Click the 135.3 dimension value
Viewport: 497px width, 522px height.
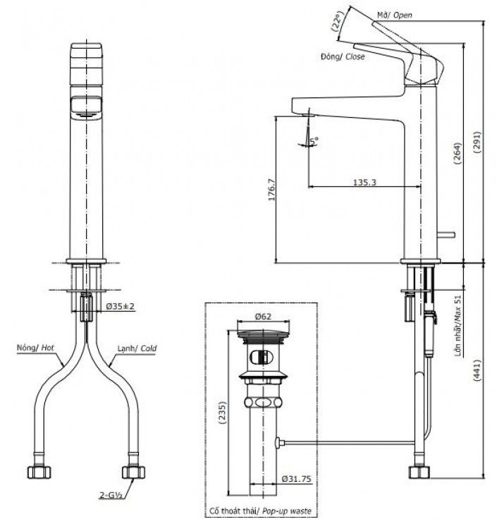(x=363, y=182)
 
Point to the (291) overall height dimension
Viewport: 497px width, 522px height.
(x=477, y=140)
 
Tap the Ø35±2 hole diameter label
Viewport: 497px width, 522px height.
(x=121, y=306)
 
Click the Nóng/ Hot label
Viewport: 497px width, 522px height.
(x=35, y=348)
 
